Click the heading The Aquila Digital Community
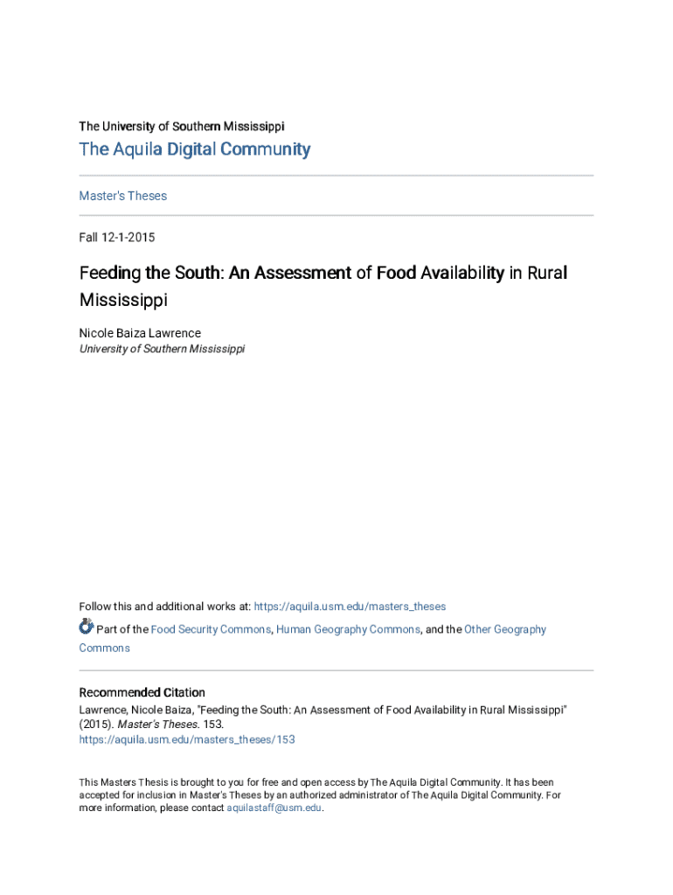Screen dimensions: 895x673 [194, 149]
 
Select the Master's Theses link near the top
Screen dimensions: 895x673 [122, 196]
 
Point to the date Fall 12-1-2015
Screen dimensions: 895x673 [117, 237]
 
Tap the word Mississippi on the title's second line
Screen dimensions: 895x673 [122, 301]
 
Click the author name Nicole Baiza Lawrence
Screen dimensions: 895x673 [140, 332]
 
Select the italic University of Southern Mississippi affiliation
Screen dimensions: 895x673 [162, 348]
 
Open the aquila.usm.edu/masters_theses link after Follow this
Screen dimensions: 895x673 [350, 607]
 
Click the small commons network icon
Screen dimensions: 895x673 [86, 627]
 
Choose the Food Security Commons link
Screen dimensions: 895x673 [211, 629]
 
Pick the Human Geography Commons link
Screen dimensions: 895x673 [348, 629]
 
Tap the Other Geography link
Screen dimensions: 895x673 [505, 629]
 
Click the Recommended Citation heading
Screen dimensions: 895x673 [142, 692]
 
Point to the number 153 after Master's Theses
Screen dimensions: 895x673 [213, 725]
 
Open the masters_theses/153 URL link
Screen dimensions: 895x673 [186, 739]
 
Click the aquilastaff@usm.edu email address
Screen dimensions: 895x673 [274, 808]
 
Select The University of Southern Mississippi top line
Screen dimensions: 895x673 [181, 126]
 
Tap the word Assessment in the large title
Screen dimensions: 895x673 [302, 274]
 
